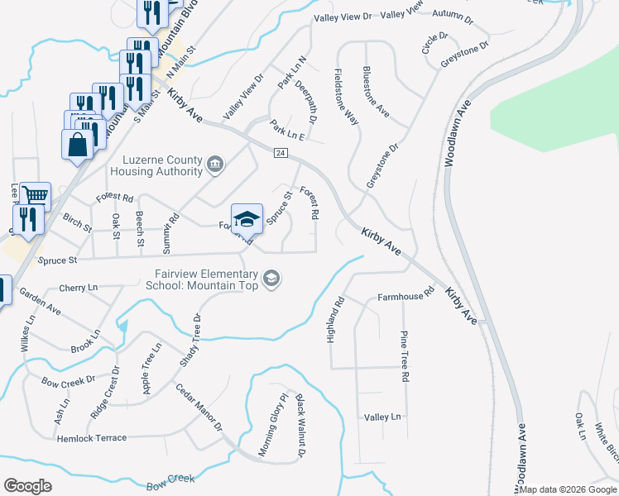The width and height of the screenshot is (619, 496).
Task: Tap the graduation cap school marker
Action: pyautogui.click(x=247, y=219)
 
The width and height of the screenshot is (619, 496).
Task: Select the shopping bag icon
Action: pyautogui.click(x=77, y=145)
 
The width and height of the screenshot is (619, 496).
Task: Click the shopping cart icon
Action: pyautogui.click(x=35, y=196)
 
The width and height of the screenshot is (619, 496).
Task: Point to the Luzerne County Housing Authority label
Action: pyautogui.click(x=162, y=165)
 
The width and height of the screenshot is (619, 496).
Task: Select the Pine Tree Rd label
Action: pyautogui.click(x=405, y=355)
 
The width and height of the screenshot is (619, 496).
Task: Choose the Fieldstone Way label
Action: pyautogui.click(x=346, y=97)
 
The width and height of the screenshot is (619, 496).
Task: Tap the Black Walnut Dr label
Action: pyautogui.click(x=299, y=425)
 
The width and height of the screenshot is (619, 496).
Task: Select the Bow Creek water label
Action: pyautogui.click(x=170, y=479)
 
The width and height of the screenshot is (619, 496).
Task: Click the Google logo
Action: pyautogui.click(x=28, y=486)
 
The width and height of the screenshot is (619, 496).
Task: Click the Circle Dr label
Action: pyautogui.click(x=434, y=44)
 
